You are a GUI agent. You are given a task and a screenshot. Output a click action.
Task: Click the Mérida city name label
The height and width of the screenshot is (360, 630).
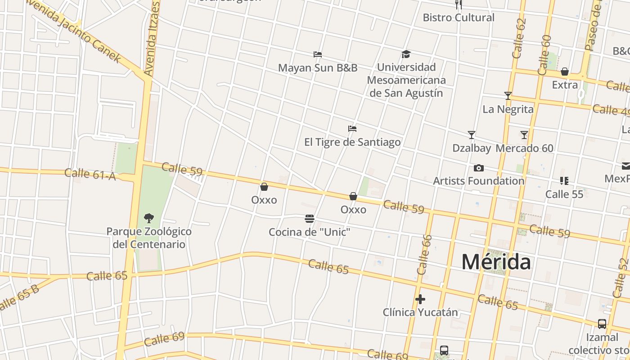[x=496, y=262]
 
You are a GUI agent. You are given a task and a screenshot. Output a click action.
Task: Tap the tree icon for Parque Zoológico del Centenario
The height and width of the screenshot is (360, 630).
[x=149, y=218]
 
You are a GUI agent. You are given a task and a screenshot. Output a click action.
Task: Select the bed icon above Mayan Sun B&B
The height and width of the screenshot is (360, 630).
[x=318, y=54]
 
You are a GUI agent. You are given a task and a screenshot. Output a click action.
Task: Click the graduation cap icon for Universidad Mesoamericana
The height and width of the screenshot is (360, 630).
[x=406, y=54]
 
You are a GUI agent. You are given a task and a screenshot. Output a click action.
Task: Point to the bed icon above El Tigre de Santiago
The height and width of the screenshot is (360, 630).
[x=352, y=129]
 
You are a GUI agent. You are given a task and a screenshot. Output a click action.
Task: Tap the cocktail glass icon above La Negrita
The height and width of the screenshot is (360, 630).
[x=508, y=96]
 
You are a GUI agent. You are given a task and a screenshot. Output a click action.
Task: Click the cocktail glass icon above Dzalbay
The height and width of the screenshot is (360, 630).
[x=472, y=135]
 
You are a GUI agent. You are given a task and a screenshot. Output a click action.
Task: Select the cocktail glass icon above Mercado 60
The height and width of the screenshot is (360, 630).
[x=524, y=135]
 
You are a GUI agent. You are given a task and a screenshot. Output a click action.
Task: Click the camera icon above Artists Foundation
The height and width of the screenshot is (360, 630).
[x=479, y=168]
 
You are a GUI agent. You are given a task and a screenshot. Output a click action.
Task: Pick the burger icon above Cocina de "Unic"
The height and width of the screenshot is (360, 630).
[x=310, y=219]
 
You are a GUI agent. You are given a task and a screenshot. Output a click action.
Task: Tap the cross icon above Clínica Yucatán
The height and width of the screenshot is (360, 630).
[x=420, y=299]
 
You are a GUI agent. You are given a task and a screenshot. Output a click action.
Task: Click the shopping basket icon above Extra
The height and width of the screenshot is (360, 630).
[x=565, y=72]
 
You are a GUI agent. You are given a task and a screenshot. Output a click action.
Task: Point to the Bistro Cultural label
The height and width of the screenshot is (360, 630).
[x=459, y=18]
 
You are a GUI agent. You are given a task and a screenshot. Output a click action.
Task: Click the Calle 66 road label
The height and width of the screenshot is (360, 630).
[x=424, y=255]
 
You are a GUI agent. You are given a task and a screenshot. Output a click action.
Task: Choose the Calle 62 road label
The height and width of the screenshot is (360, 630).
[x=519, y=38]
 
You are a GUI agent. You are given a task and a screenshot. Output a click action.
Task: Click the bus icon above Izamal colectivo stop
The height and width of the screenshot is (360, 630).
[x=602, y=324]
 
